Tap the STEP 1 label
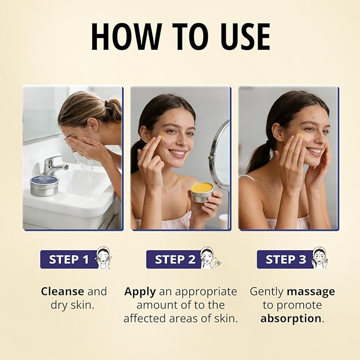tap(68, 259)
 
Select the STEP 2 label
tap(175, 259)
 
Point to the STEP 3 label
tap(286, 259)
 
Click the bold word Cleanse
tap(63, 292)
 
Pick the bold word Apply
tap(140, 292)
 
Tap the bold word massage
tap(311, 292)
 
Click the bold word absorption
tap(291, 319)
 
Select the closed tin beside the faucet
tap(44, 186)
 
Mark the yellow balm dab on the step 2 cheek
tap(163, 137)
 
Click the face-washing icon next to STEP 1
tap(104, 258)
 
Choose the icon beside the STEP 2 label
tap(210, 258)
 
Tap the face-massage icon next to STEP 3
tap(320, 258)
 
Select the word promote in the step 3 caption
tap(299, 306)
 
